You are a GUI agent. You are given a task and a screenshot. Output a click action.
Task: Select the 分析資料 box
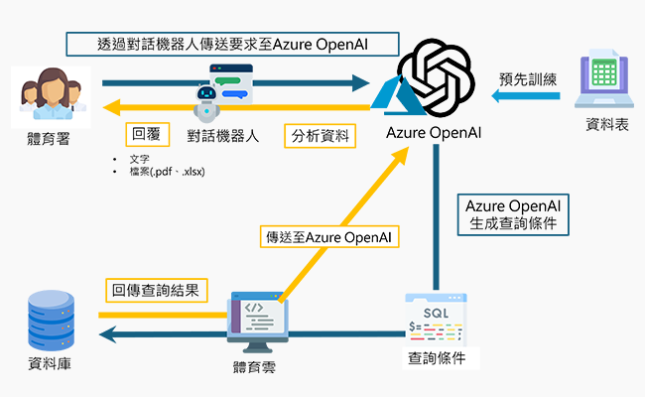point(318,135)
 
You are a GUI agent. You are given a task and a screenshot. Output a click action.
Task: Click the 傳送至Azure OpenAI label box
point(326,237)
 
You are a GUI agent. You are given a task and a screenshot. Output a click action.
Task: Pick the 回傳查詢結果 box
point(157,290)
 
